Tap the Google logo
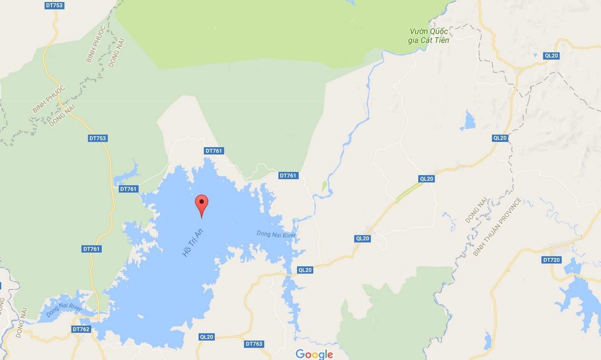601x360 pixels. tap(314, 354)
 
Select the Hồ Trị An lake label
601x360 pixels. tap(192, 243)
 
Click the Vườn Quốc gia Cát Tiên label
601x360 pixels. tap(429, 36)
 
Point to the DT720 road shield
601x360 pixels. tap(551, 260)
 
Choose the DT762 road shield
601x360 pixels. tap(81, 329)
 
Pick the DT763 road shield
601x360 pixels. tap(254, 344)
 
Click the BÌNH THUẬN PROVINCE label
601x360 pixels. tap(497, 227)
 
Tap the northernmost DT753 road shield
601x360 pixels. tap(54, 5)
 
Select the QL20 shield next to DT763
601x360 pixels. tap(206, 337)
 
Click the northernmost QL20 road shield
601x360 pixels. tap(551, 56)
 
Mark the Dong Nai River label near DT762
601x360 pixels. tap(64, 309)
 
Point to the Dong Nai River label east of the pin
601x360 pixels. tap(276, 234)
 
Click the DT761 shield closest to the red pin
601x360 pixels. tap(214, 151)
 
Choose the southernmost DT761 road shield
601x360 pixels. tap(91, 249)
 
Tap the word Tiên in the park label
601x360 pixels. tap(442, 40)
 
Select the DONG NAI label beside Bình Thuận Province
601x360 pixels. tap(476, 210)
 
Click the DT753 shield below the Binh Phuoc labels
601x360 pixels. tap(97, 138)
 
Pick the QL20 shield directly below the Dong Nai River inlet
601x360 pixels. tap(305, 270)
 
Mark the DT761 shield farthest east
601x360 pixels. tap(288, 176)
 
